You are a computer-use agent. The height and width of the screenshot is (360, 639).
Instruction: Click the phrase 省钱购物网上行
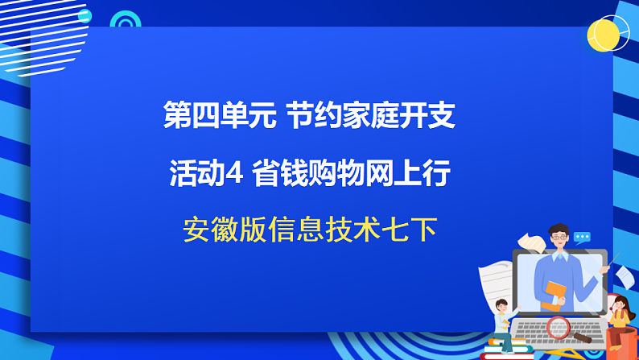[350, 174]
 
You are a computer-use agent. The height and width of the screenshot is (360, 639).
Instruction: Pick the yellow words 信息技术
[322, 231]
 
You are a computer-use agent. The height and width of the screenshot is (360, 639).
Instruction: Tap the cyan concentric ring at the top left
[125, 22]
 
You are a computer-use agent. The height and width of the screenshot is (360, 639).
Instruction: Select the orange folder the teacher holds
[554, 294]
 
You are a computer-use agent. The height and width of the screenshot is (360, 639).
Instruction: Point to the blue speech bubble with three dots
[582, 238]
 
